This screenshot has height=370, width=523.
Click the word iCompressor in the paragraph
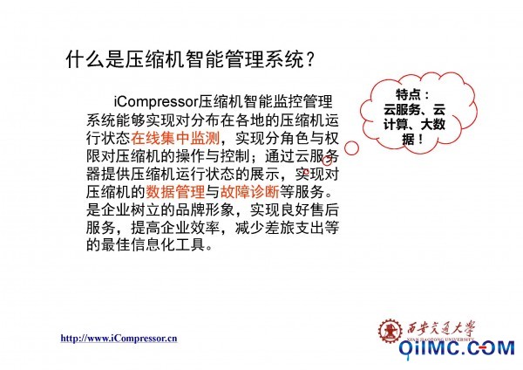click(x=156, y=102)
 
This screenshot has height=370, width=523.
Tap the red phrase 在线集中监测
click(x=175, y=138)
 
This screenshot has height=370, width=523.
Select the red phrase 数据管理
click(x=175, y=192)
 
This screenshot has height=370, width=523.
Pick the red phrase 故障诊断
click(x=250, y=192)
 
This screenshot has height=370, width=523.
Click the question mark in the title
click(x=309, y=60)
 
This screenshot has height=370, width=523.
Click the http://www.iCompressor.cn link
click(x=119, y=339)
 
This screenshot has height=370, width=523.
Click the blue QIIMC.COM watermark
click(x=457, y=348)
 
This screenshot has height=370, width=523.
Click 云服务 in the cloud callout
click(x=402, y=110)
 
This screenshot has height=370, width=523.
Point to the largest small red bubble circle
click(x=351, y=148)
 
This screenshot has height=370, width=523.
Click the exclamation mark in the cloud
click(x=420, y=139)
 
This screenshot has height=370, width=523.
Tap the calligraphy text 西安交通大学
click(x=440, y=329)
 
